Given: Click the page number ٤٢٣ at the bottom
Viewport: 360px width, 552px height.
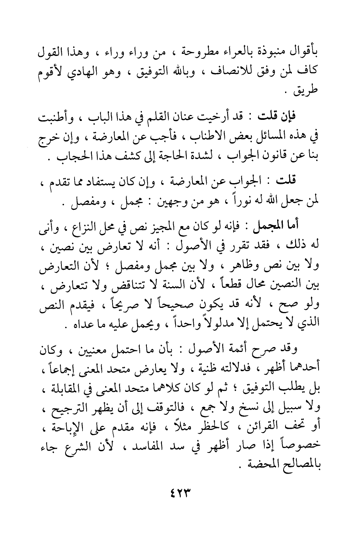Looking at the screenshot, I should (180, 493).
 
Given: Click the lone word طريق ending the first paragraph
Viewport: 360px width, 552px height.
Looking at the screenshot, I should (308, 92).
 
